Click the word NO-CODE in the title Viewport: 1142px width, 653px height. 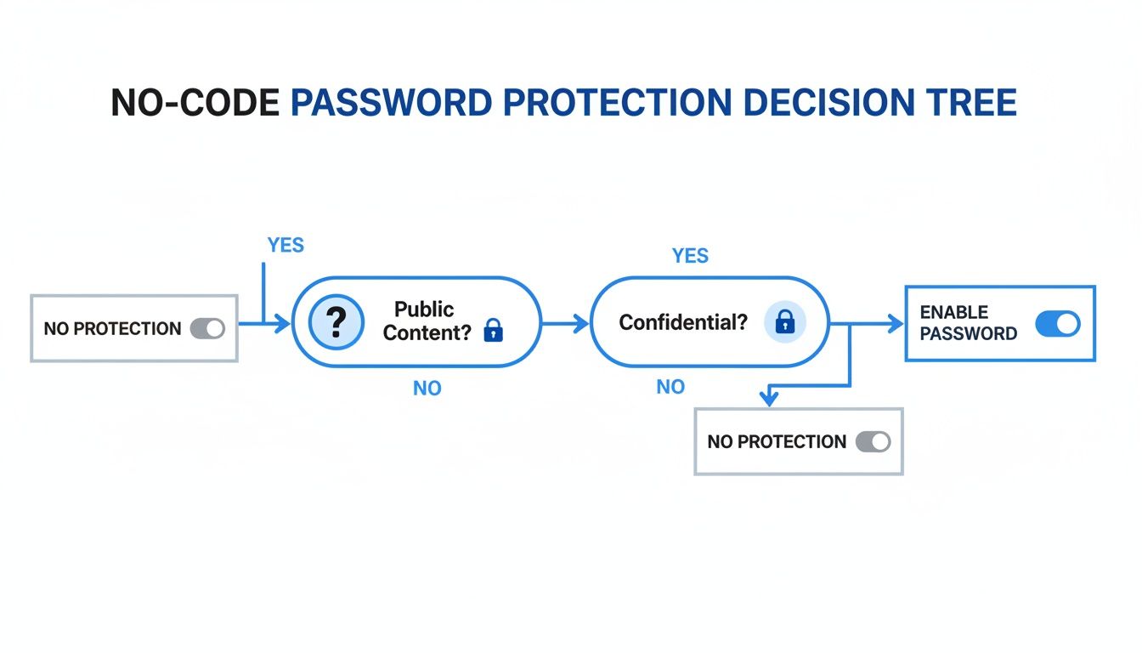click(x=195, y=103)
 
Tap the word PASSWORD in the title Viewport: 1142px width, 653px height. click(x=390, y=103)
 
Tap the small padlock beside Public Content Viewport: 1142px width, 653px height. click(x=493, y=332)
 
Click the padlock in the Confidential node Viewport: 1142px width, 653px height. click(x=785, y=321)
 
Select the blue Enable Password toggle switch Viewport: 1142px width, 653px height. click(x=1057, y=323)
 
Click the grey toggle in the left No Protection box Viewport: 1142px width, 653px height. click(x=207, y=328)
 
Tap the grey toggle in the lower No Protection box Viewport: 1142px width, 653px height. click(x=873, y=441)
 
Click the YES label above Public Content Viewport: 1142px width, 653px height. click(x=285, y=246)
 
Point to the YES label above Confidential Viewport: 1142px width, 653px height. click(x=690, y=256)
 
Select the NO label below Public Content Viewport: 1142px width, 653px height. click(x=427, y=389)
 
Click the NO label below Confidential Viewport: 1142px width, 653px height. click(x=670, y=387)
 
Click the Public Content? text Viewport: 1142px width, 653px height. click(x=426, y=321)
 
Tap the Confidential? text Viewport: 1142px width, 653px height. click(x=682, y=322)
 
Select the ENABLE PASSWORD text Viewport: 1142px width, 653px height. click(x=968, y=323)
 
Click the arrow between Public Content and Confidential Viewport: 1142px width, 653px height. click(x=565, y=322)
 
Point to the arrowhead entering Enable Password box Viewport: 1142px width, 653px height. click(x=894, y=323)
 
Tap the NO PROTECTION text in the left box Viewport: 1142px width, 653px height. click(x=112, y=328)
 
